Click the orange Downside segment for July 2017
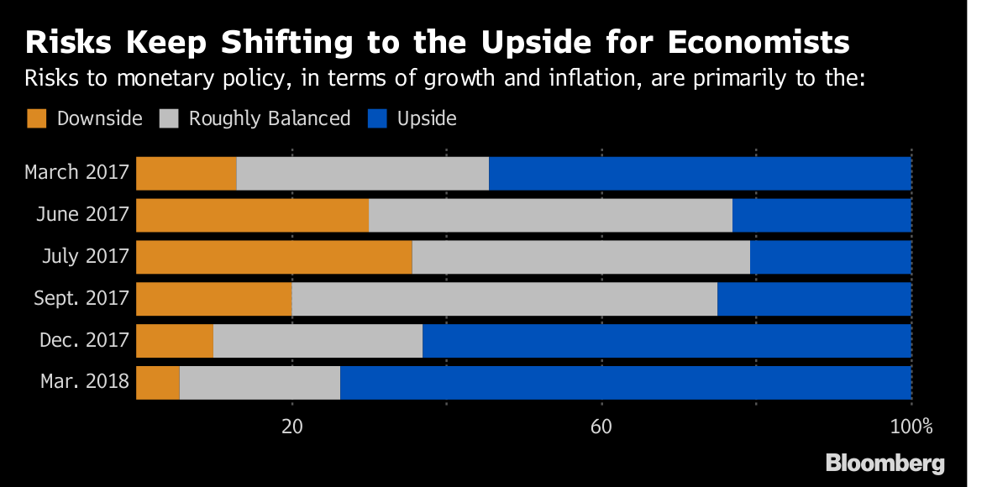(274, 257)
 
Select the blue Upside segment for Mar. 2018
(626, 383)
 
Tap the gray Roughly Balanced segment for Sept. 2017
(505, 299)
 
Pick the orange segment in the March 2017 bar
(186, 173)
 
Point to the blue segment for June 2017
(822, 215)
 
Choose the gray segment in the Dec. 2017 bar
(318, 341)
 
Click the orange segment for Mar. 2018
(158, 383)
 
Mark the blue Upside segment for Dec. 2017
(667, 341)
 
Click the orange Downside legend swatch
(37, 118)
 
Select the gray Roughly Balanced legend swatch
(169, 118)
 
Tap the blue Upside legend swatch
(377, 118)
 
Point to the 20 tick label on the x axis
(291, 426)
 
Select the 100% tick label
(911, 426)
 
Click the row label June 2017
(82, 215)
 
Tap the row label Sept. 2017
(81, 299)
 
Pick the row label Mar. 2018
(85, 383)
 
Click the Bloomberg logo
(885, 463)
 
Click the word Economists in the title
(736, 42)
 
